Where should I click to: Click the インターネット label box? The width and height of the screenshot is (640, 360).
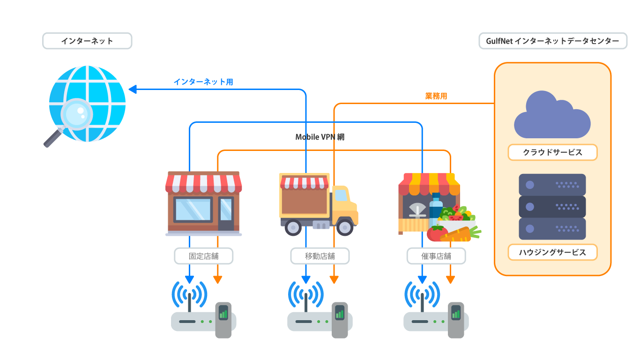coord(87,41)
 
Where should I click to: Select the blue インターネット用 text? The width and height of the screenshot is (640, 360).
coord(203,82)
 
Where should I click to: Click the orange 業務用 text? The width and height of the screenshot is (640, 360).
coord(436,96)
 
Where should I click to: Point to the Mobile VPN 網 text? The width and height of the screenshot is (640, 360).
coord(320,137)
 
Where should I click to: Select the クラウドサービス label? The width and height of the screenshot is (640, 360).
coord(552,152)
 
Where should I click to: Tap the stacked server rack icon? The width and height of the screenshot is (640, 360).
coord(552,207)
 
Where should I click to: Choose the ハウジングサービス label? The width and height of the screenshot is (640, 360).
coord(552,252)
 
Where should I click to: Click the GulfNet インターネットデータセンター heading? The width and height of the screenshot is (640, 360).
coord(552,41)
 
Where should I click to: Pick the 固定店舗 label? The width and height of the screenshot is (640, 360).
coord(203,256)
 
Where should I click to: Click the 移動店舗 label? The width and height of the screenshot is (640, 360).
coord(320,256)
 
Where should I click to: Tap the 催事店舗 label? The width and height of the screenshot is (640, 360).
coord(436,256)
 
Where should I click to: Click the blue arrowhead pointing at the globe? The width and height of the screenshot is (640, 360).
coord(133,89)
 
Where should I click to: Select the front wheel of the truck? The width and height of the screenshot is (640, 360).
coord(345,227)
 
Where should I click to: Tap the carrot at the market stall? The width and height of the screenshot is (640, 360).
coord(457,234)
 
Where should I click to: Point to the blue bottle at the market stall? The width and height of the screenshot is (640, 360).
coord(436,209)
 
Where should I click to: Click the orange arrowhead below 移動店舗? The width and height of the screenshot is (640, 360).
coord(334,280)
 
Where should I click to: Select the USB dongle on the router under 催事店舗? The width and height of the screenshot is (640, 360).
coord(456,319)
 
